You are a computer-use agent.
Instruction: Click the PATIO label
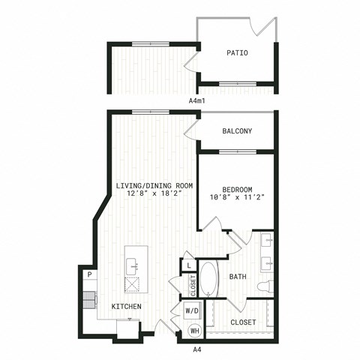point(237,53)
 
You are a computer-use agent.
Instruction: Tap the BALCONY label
point(237,131)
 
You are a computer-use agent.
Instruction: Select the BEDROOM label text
point(237,190)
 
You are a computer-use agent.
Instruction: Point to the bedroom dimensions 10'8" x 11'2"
point(237,197)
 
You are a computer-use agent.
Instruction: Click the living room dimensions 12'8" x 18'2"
point(154,193)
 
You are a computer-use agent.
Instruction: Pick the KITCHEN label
point(127,307)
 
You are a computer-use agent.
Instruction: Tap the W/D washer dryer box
point(192,310)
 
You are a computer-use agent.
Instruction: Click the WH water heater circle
point(195,331)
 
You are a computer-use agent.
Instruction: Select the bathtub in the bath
point(209,280)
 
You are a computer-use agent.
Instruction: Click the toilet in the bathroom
point(265,286)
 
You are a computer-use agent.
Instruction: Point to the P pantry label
point(90,274)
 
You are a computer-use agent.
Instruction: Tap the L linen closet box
point(189,265)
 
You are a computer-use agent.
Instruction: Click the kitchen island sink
point(133,267)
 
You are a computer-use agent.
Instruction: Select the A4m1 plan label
point(196,101)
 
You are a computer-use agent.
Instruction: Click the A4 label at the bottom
point(197,349)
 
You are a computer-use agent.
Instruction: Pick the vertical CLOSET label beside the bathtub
point(193,286)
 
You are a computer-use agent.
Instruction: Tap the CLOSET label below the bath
point(243,322)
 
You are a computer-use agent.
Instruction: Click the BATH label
point(238,277)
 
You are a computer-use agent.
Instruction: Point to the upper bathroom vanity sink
point(267,240)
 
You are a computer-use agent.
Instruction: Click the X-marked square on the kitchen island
point(132,284)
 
